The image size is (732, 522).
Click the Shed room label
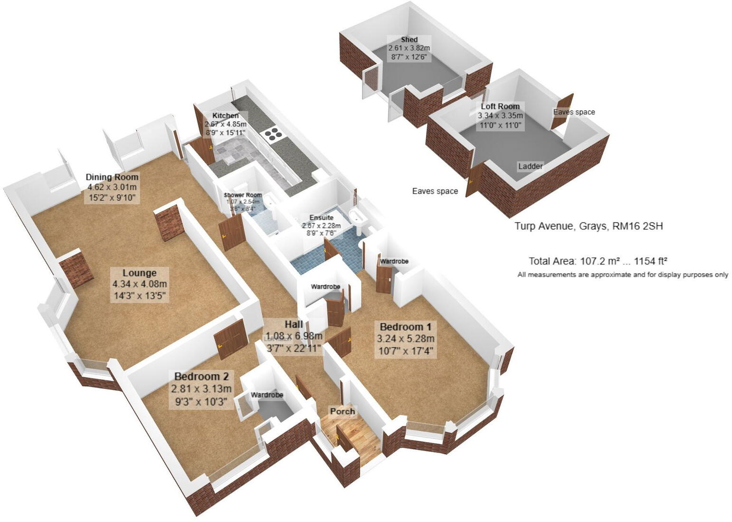[x=409, y=39]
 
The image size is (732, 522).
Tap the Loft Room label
[x=500, y=106]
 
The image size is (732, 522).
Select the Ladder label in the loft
[x=530, y=166]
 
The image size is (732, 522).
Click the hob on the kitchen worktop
[x=274, y=134]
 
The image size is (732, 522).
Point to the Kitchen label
[x=225, y=115]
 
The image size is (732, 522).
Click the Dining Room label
[x=112, y=177]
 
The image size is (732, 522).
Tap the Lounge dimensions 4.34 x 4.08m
[x=140, y=285]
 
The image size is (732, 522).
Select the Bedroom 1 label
[x=405, y=327]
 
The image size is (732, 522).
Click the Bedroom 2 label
[x=202, y=377]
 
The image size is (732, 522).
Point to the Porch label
[x=342, y=411]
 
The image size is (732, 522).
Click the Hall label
[x=294, y=324]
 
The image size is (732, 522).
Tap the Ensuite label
[x=322, y=218]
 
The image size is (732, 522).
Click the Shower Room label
[x=243, y=195]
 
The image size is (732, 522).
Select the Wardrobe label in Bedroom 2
[x=267, y=395]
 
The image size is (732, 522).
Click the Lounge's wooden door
[x=230, y=339]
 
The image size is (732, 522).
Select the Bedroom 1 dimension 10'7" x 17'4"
[x=405, y=351]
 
